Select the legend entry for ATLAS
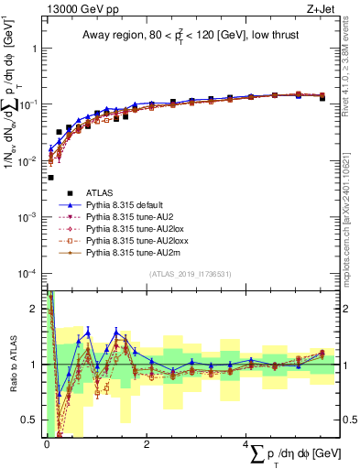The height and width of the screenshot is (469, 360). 99,193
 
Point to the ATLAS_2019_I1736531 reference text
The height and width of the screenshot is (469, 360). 190,274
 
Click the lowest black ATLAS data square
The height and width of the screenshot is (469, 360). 50,178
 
